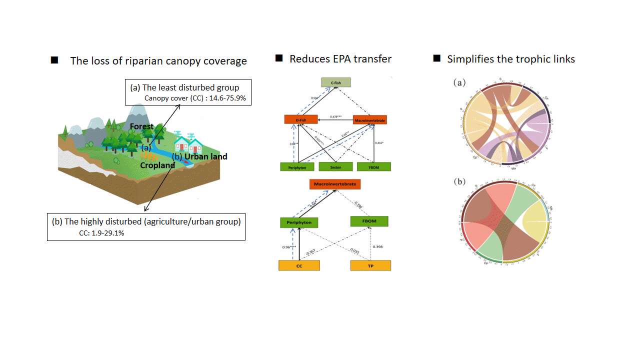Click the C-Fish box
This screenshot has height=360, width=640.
tap(336, 82)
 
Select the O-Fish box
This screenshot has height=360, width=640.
tap(300, 119)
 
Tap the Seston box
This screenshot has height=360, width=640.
tap(336, 167)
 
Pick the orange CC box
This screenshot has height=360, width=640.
tap(299, 266)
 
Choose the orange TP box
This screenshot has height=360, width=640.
tap(370, 266)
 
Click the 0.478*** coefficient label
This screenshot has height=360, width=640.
tap(336, 117)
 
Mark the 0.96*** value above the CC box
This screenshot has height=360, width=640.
tap(288, 247)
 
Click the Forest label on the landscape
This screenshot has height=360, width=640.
tap(142, 126)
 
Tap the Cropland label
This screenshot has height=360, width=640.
tap(157, 165)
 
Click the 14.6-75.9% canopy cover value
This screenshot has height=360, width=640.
tap(229, 98)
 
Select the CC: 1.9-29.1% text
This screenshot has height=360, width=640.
tap(101, 232)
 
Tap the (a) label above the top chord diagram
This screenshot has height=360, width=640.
tap(459, 83)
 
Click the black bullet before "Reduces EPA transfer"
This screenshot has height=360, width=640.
tap(279, 58)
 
